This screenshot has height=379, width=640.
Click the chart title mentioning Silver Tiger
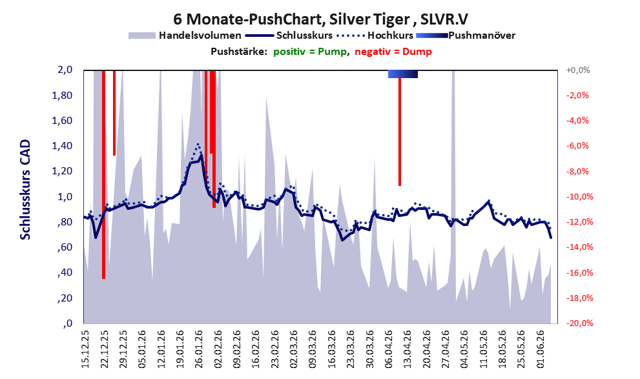coord(320,19)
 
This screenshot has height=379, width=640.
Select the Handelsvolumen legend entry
coord(185,36)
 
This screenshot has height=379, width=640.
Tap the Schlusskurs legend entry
coord(290,36)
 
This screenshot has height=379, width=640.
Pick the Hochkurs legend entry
coord(375,36)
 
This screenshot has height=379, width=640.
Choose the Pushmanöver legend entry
coord(466,36)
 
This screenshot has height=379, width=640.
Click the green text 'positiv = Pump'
coord(310,52)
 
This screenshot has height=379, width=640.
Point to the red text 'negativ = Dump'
coord(393,52)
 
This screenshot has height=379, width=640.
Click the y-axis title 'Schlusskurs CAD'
coord(25,190)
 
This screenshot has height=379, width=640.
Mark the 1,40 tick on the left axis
coord(62,146)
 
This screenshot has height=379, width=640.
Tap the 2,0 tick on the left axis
coord(65,70)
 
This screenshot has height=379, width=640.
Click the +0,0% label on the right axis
coord(578,70)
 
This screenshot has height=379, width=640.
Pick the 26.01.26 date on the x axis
coord(199,349)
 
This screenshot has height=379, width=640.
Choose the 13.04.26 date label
coord(407,349)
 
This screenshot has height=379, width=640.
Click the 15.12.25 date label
coord(85,349)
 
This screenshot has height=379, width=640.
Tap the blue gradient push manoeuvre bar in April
coord(403,74)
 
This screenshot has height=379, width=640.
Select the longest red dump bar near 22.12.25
coord(104,174)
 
